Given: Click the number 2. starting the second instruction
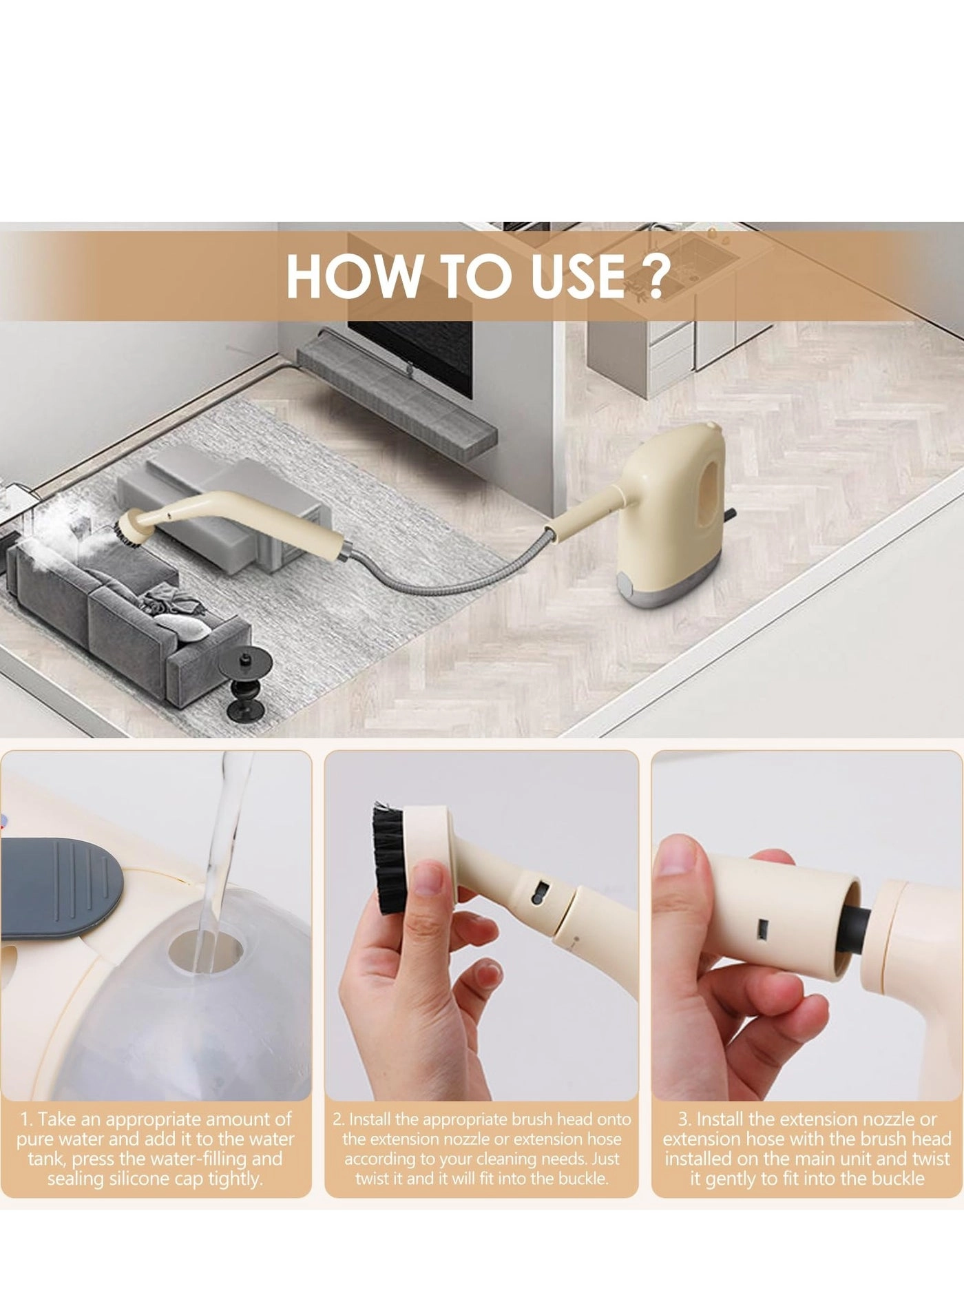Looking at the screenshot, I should point(338,1119).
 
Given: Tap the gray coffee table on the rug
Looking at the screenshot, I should point(220,510).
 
